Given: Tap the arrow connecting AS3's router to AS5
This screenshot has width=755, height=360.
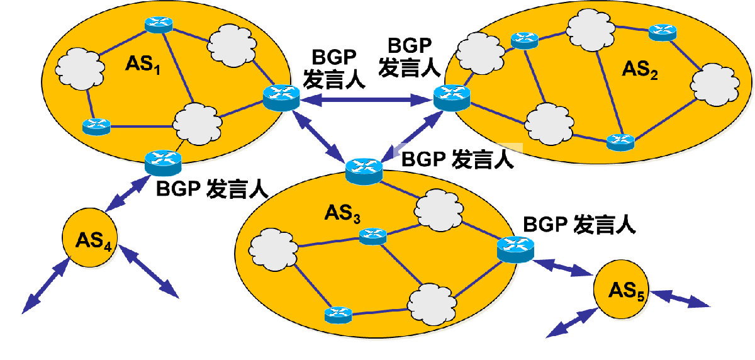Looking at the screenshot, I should point(562,267).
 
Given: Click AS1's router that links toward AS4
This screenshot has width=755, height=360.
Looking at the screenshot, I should point(162,162).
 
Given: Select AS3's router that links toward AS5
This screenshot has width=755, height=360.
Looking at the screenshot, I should point(515,249).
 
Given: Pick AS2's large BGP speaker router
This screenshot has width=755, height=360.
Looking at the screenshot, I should point(452,98).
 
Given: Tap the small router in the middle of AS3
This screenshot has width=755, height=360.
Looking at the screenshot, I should point(371,236).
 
